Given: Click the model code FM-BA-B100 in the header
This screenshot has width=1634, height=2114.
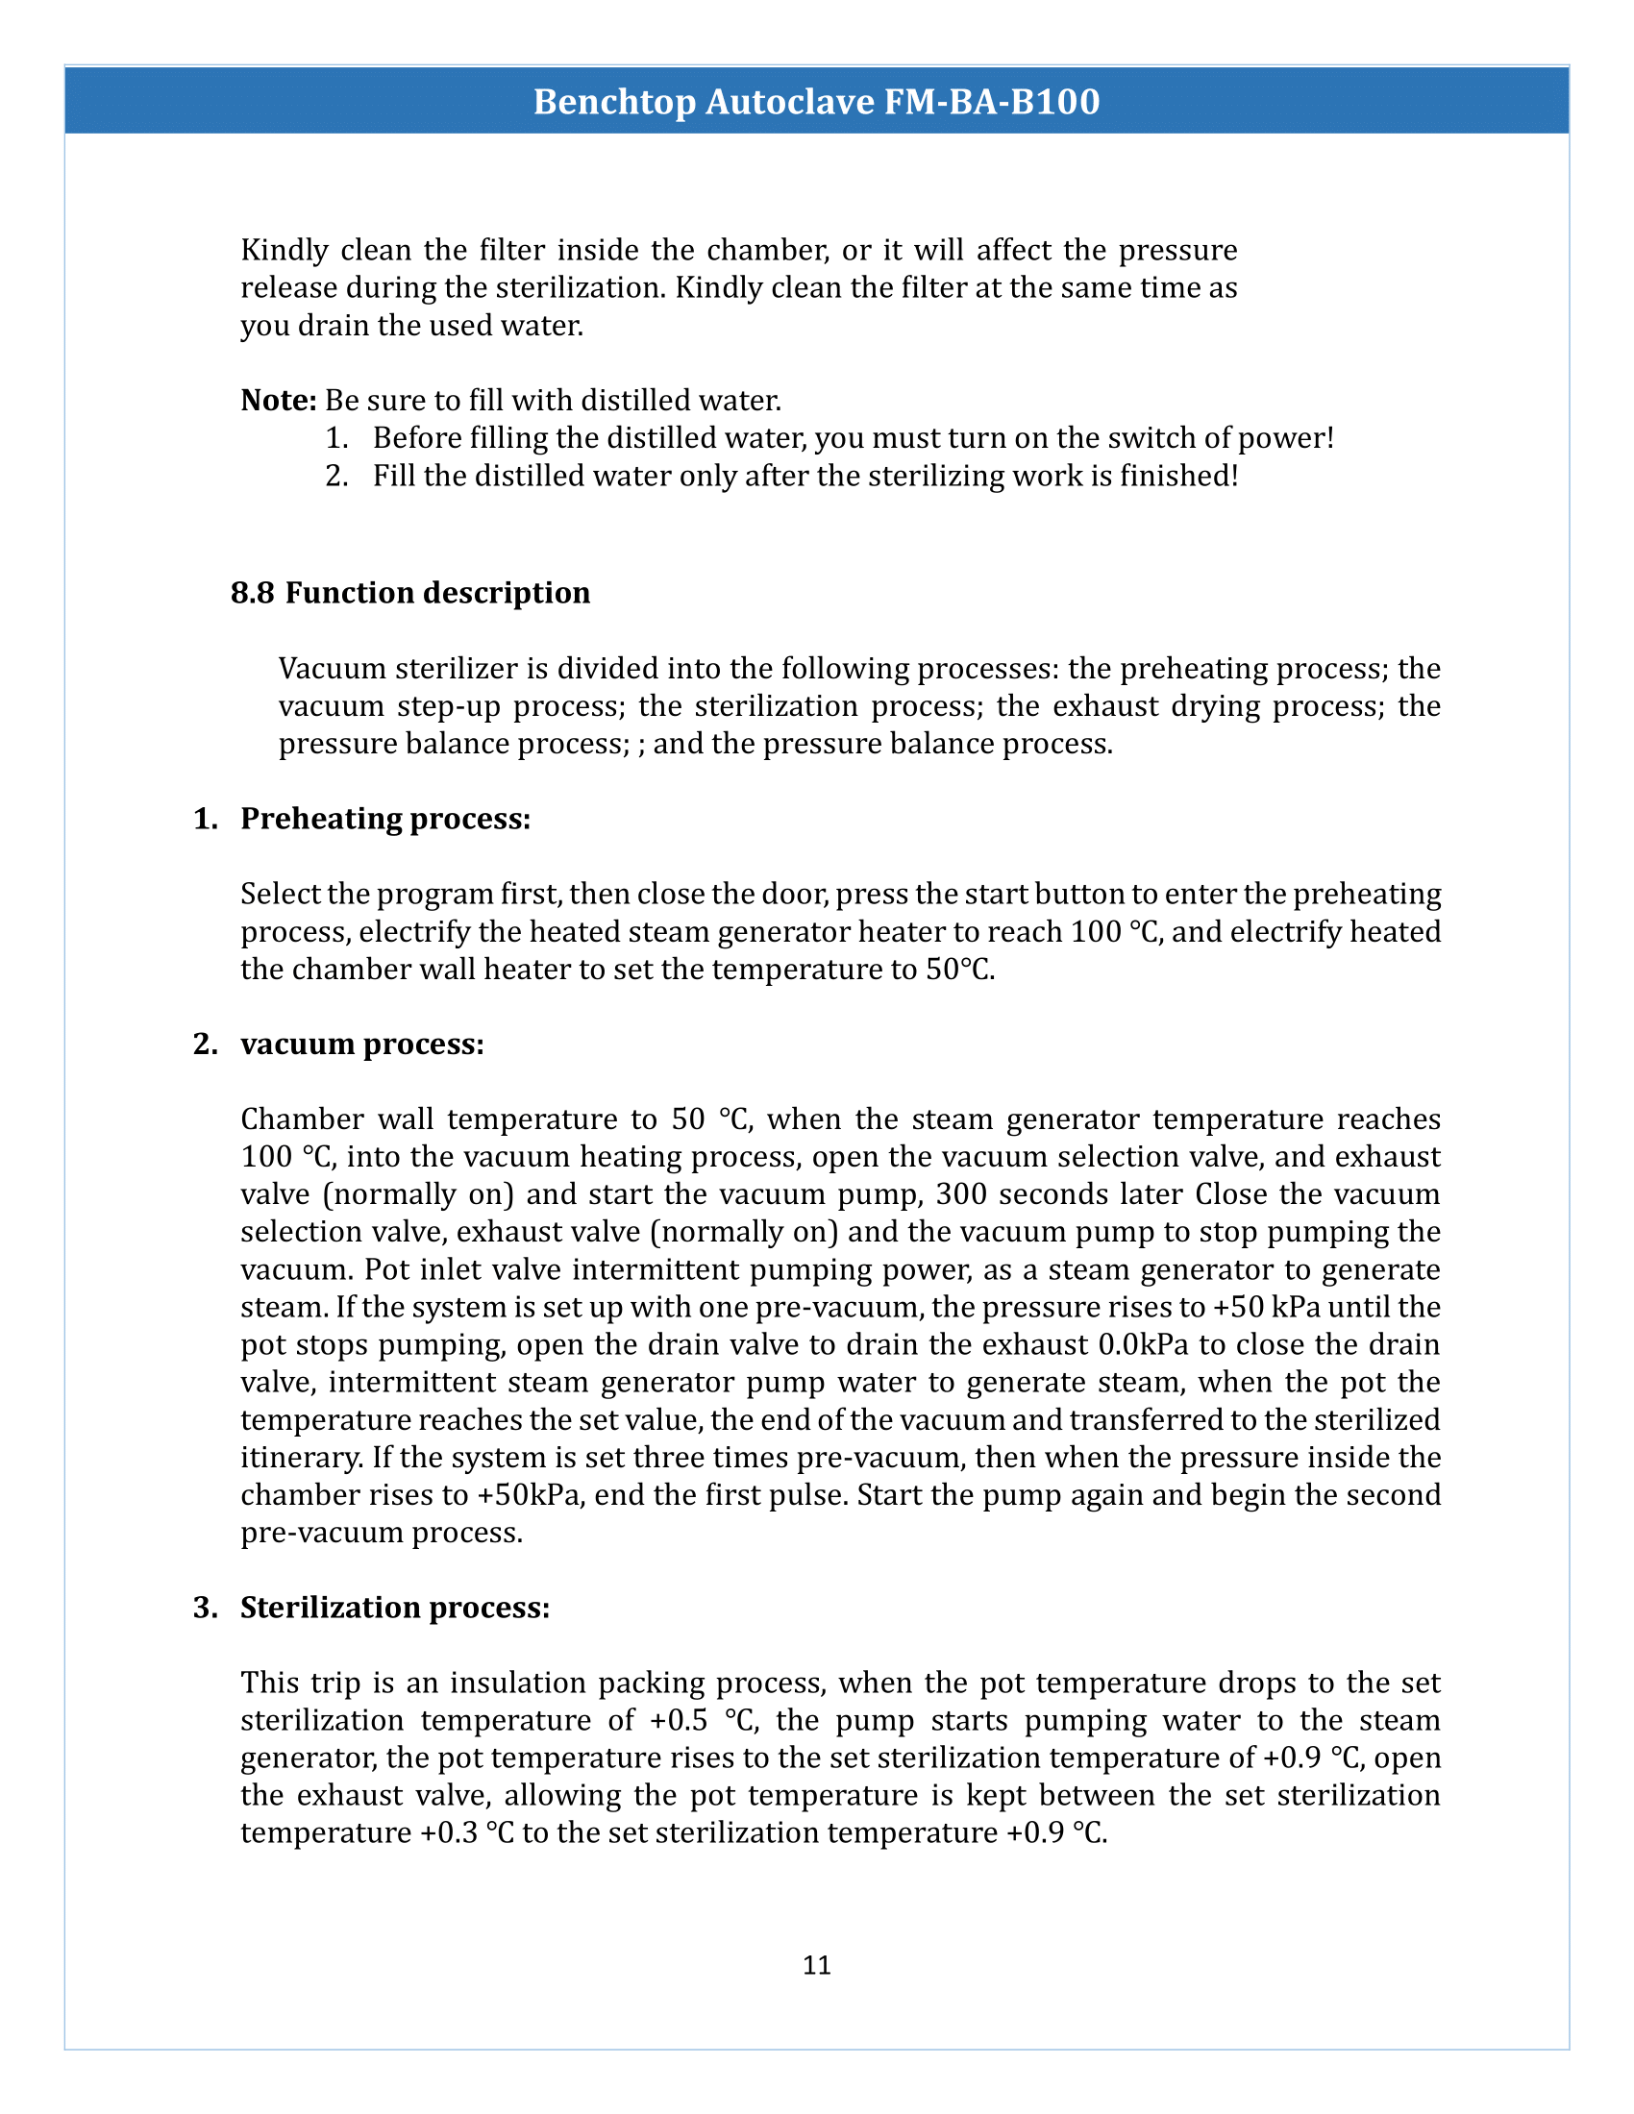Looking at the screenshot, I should click(x=992, y=102).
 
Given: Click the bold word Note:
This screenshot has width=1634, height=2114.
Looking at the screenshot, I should click(x=279, y=400).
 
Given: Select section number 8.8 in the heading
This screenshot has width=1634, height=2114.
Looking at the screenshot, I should click(x=252, y=592).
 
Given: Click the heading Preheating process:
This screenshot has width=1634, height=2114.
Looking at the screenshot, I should click(x=385, y=819).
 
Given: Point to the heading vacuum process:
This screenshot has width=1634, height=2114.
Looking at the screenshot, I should click(x=362, y=1045).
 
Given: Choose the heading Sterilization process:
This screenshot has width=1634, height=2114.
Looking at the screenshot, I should click(x=395, y=1608).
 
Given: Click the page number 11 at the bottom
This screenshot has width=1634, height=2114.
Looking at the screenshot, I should click(x=816, y=1964).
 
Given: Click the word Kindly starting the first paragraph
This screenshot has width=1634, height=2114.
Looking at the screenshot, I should click(x=285, y=251).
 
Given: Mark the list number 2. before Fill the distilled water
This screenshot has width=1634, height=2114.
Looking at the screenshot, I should click(x=335, y=477).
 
